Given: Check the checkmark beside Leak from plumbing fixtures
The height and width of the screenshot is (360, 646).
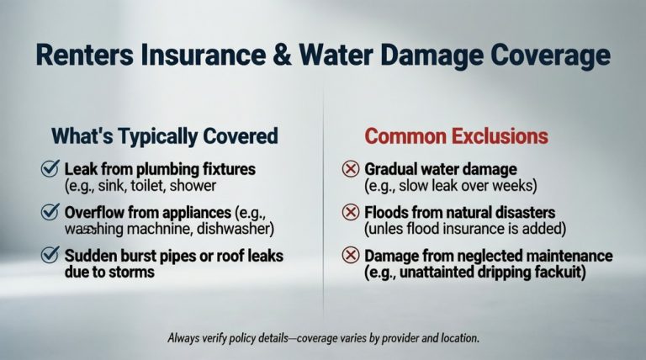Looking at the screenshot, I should coord(49,168).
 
